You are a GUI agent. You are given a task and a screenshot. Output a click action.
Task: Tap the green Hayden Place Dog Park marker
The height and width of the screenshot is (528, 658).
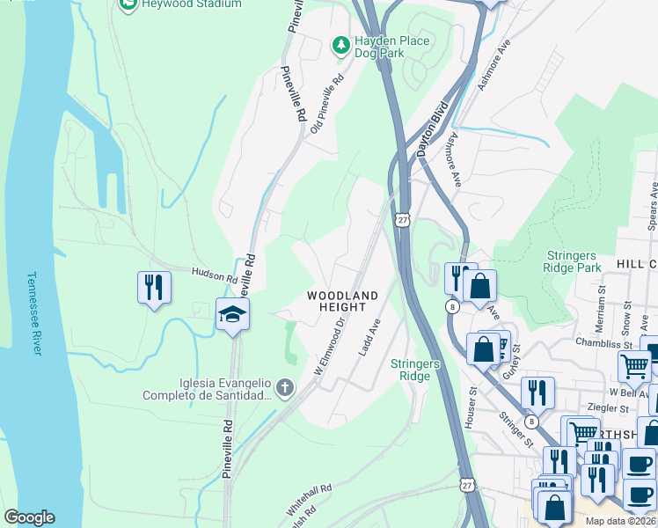(340, 43)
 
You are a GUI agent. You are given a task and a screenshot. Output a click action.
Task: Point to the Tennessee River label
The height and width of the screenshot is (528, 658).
(34, 312)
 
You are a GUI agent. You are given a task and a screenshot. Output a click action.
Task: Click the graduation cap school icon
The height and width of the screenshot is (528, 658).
(233, 314)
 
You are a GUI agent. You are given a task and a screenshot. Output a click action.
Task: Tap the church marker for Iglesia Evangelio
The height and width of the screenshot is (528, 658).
(284, 387)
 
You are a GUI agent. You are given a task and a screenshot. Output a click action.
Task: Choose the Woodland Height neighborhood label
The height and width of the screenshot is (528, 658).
(342, 301)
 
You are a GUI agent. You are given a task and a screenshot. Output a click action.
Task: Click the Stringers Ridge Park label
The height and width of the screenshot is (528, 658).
(573, 261)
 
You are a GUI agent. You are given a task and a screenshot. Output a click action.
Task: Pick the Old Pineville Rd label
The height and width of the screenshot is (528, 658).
(327, 103)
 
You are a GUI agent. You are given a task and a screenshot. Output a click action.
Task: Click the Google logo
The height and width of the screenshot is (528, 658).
(29, 517)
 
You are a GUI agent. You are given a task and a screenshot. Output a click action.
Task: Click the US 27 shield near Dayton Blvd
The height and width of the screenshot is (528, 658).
(402, 221)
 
